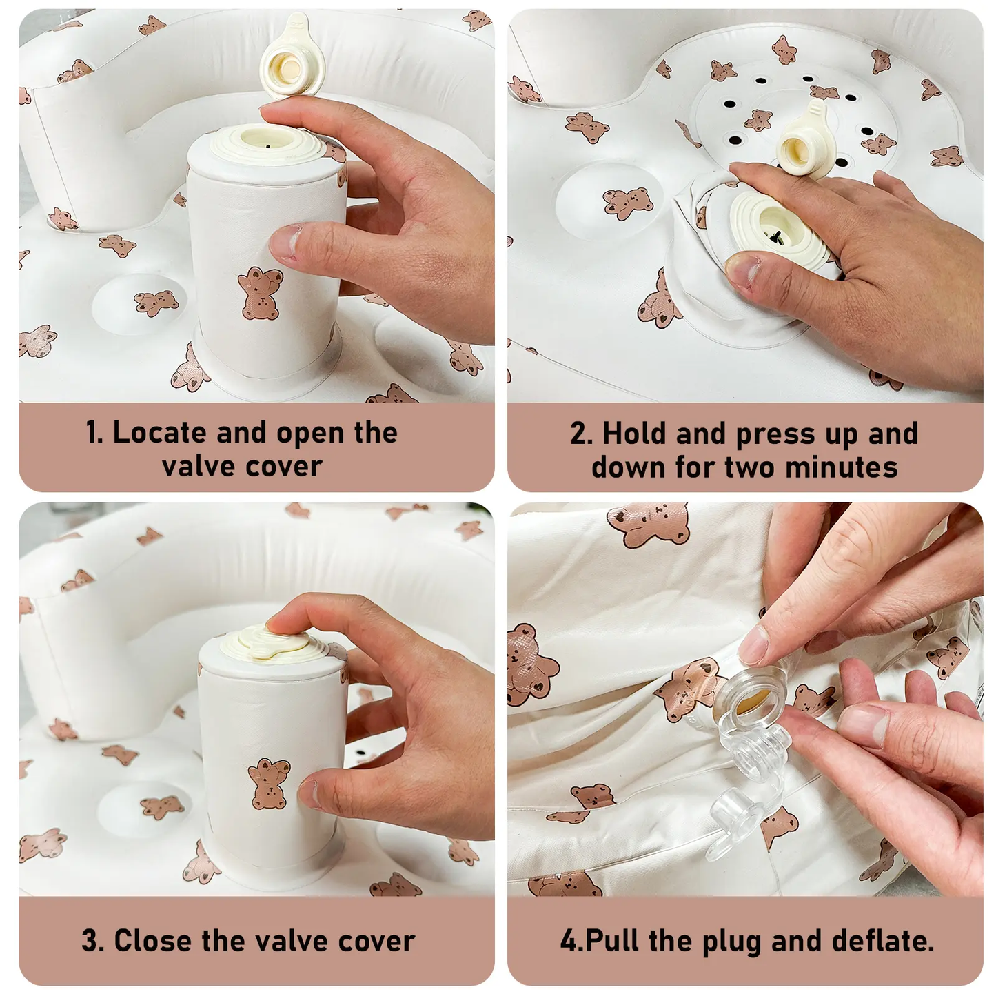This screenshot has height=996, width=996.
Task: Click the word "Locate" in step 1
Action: click(160, 432)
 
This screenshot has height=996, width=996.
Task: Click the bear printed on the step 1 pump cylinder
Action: click(260, 294)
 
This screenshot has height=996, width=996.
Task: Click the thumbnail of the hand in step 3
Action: click(308, 793)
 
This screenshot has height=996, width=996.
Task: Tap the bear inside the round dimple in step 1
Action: click(156, 303)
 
